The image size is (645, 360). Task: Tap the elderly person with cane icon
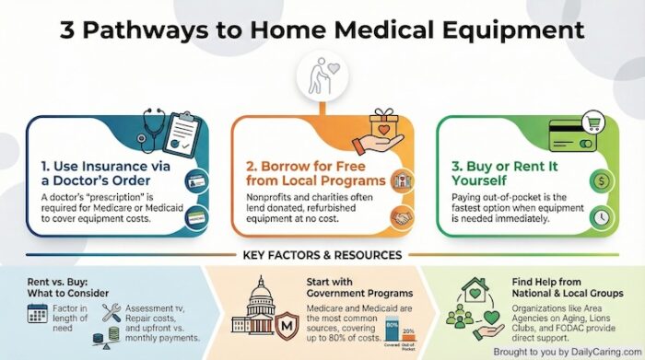(x=322, y=76)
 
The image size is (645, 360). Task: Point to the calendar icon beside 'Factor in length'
(x=39, y=314)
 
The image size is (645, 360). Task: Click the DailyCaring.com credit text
(x=570, y=352)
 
